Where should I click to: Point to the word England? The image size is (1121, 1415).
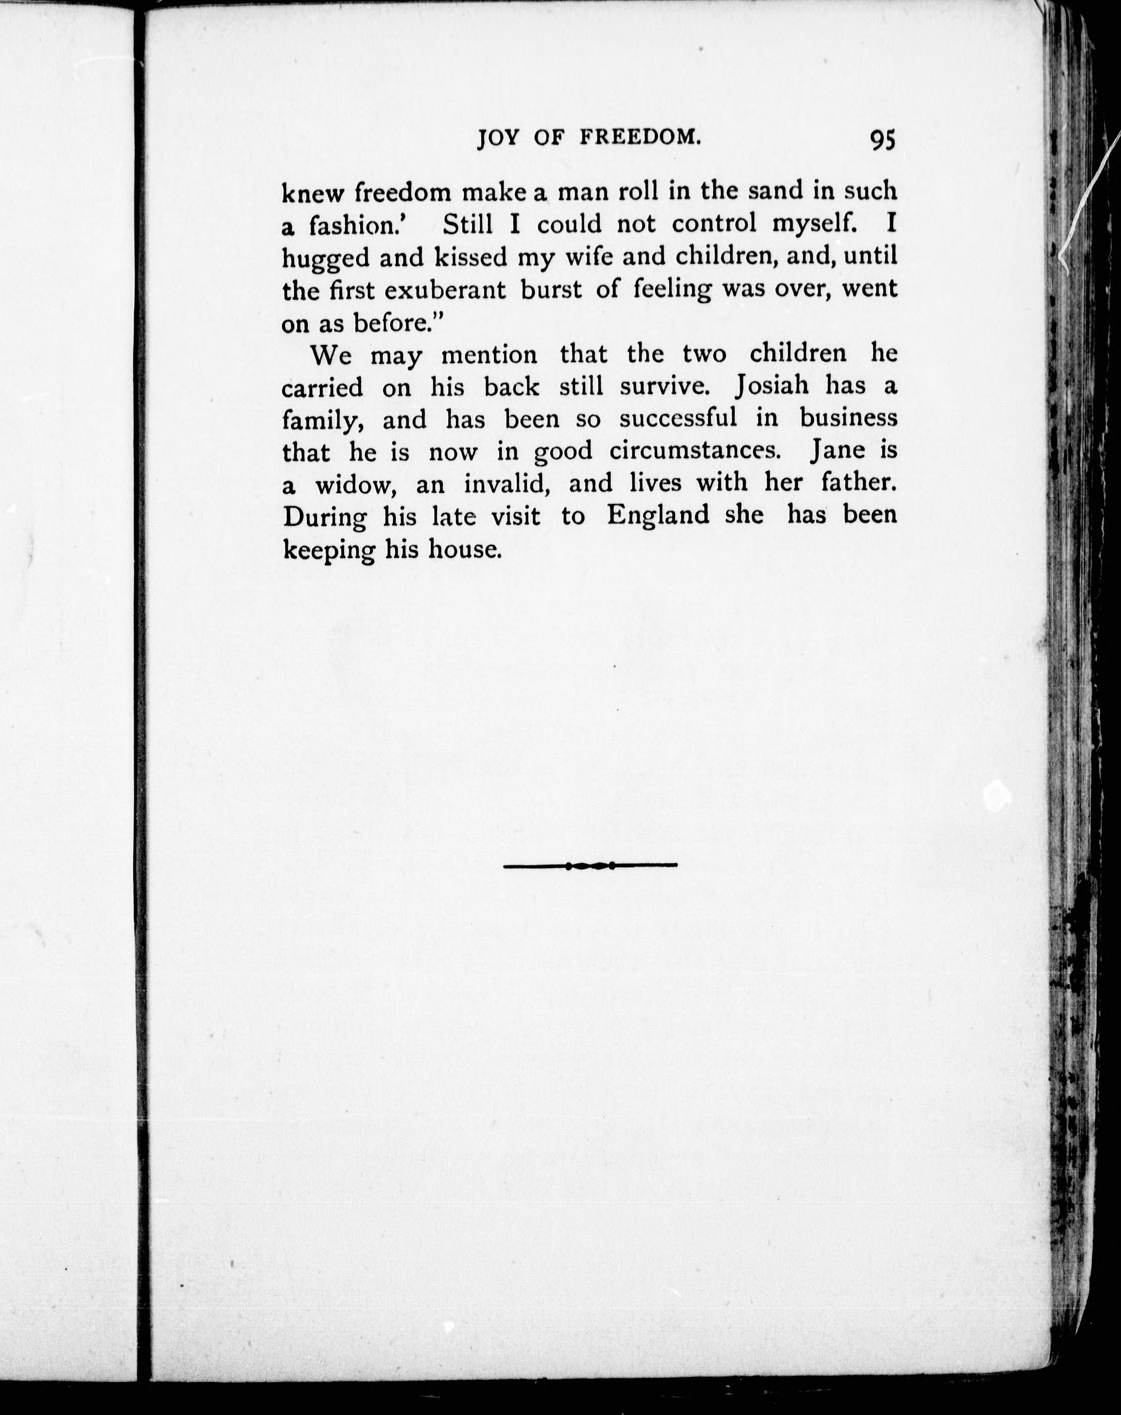tap(658, 515)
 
